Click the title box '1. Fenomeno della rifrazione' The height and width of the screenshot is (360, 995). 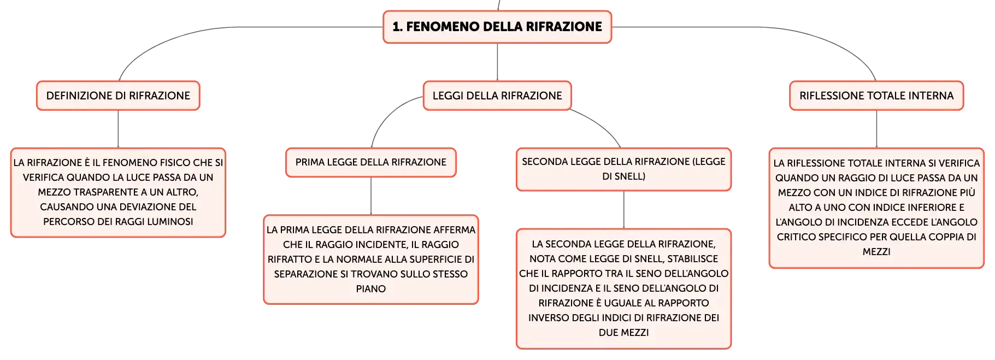pyautogui.click(x=497, y=27)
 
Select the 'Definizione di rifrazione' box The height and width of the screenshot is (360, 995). pyautogui.click(x=118, y=96)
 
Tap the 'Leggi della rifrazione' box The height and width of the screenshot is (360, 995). pyautogui.click(x=497, y=96)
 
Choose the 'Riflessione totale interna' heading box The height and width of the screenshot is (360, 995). pyautogui.click(x=876, y=96)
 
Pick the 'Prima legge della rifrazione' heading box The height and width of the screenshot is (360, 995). pyautogui.click(x=371, y=162)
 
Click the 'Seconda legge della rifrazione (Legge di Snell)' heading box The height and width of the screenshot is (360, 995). pyautogui.click(x=623, y=169)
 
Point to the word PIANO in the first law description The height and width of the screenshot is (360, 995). pyautogui.click(x=371, y=289)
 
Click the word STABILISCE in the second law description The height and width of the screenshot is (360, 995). pyautogui.click(x=693, y=259)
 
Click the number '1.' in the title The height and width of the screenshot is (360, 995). pyautogui.click(x=398, y=27)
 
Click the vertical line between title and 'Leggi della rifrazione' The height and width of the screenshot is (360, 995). pyautogui.click(x=497, y=62)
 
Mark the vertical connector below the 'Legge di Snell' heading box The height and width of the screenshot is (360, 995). pyautogui.click(x=623, y=210)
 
